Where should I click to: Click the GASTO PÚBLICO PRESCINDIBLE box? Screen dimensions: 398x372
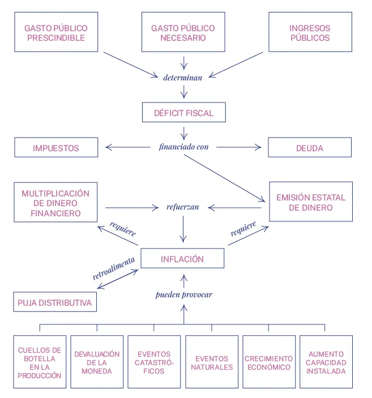(x=55, y=33)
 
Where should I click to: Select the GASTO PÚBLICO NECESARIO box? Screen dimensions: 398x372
(x=183, y=33)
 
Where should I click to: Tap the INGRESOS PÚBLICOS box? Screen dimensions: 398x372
(x=310, y=33)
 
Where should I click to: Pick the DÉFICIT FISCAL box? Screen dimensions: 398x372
(x=183, y=113)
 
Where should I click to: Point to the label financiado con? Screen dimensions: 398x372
(x=183, y=147)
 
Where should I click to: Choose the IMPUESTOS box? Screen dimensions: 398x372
(x=55, y=148)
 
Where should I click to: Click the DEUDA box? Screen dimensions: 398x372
(x=310, y=148)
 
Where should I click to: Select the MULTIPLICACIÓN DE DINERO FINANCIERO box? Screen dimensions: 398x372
(x=55, y=203)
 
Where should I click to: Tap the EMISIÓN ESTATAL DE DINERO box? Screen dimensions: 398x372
(x=310, y=203)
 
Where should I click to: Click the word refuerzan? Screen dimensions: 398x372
(x=183, y=207)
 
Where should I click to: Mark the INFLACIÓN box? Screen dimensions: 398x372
(x=182, y=259)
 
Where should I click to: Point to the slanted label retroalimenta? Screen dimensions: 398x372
(x=114, y=268)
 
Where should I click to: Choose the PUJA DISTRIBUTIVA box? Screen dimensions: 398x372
(x=55, y=302)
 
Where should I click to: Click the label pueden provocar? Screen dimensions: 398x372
(x=183, y=294)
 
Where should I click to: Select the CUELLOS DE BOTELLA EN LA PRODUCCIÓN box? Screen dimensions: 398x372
(x=40, y=362)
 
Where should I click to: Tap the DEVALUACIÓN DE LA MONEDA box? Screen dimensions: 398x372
(x=97, y=362)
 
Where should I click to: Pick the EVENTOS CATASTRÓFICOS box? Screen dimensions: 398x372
(x=154, y=362)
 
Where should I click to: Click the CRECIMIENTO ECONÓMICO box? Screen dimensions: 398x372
(x=269, y=362)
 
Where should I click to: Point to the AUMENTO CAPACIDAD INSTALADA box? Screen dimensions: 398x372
(x=326, y=362)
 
